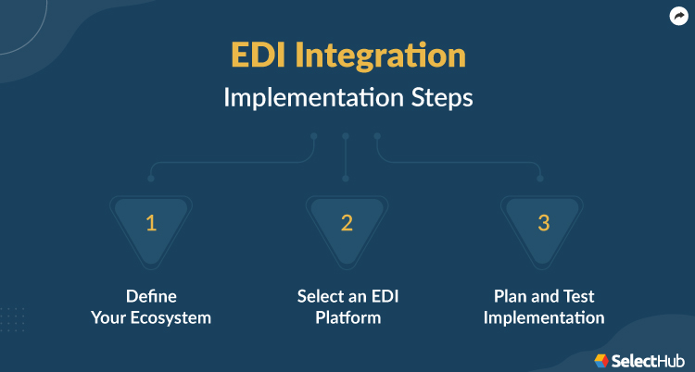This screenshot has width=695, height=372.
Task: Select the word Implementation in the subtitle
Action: point(310,98)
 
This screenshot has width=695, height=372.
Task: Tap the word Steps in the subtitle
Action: point(437,98)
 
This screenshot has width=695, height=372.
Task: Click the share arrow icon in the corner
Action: point(678,16)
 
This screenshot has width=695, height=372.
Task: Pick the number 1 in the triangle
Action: point(151,222)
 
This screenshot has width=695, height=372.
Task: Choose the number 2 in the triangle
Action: point(347,222)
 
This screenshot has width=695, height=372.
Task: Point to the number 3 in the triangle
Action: point(542,222)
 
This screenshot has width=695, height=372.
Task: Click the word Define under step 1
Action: point(151,297)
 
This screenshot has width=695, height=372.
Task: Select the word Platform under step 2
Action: point(347,318)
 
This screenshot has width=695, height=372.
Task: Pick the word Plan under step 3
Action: point(511,297)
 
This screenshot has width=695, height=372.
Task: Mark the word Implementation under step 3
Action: point(543,318)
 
